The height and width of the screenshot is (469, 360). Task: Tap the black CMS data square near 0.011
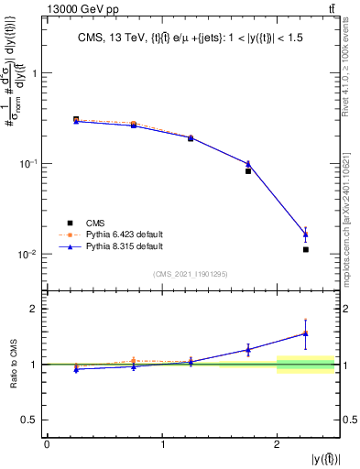point(306,249)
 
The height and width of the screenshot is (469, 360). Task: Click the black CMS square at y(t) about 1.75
point(248,171)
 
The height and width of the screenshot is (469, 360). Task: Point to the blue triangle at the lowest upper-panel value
point(306,234)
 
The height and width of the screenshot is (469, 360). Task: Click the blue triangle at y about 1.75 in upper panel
point(248,164)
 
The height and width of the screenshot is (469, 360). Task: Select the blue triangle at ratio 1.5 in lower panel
point(306,333)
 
